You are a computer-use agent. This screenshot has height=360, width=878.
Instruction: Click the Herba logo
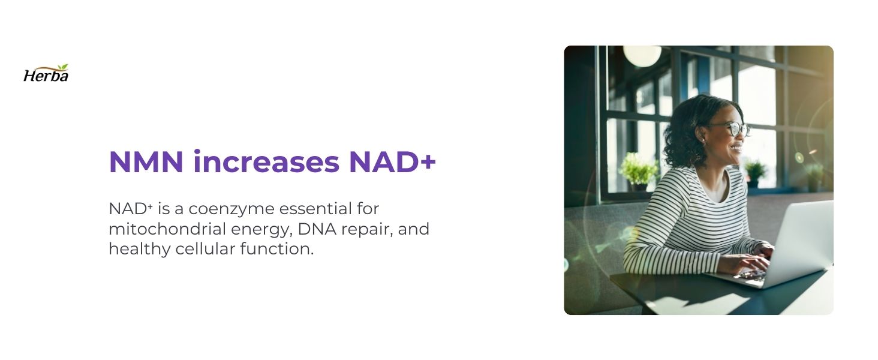46,73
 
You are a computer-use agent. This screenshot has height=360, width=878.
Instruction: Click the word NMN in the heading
146,162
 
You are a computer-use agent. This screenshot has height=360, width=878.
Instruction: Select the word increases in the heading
266,162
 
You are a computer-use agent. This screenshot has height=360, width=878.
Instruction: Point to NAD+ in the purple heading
392,162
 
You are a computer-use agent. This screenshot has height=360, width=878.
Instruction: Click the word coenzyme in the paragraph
231,209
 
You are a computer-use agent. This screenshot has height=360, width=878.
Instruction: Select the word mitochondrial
167,229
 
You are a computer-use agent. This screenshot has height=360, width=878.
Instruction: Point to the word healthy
140,250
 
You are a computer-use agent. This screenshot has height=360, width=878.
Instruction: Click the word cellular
205,249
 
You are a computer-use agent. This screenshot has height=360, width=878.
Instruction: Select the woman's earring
703,140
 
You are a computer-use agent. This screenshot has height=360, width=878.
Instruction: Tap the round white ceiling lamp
642,55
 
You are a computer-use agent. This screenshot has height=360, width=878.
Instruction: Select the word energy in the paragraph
262,230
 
